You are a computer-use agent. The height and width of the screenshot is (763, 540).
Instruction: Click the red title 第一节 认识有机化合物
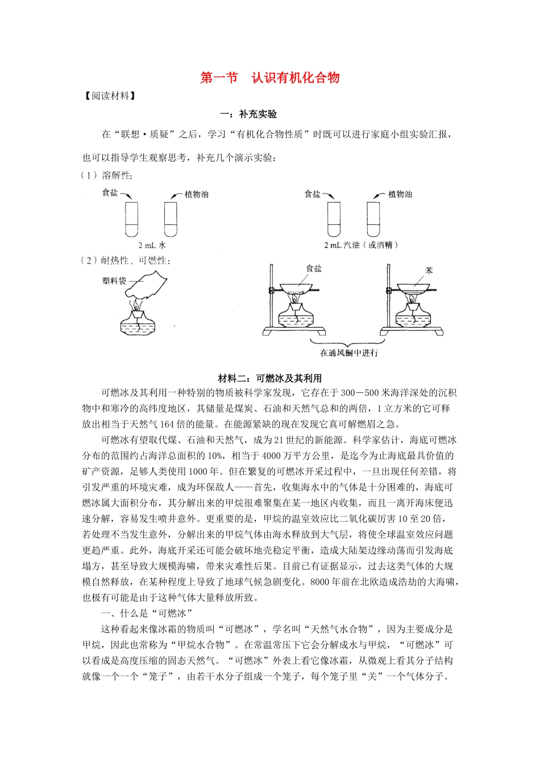(269, 78)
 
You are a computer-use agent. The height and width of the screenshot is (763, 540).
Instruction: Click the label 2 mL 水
(152, 245)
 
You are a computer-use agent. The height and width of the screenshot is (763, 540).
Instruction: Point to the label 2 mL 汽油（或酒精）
(361, 245)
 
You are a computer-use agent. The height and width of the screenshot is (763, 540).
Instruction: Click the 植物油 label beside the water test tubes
(197, 194)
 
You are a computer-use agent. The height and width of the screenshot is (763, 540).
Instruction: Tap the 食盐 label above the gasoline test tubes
(313, 194)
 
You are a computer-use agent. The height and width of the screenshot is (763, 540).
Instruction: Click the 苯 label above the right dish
(429, 270)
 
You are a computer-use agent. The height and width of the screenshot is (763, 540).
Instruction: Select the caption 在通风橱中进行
(349, 353)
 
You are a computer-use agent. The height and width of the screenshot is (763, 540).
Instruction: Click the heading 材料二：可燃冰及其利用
(269, 378)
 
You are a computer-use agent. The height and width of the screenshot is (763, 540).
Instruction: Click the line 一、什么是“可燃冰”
(147, 613)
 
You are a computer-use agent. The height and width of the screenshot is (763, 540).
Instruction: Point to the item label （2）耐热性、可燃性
(126, 261)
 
